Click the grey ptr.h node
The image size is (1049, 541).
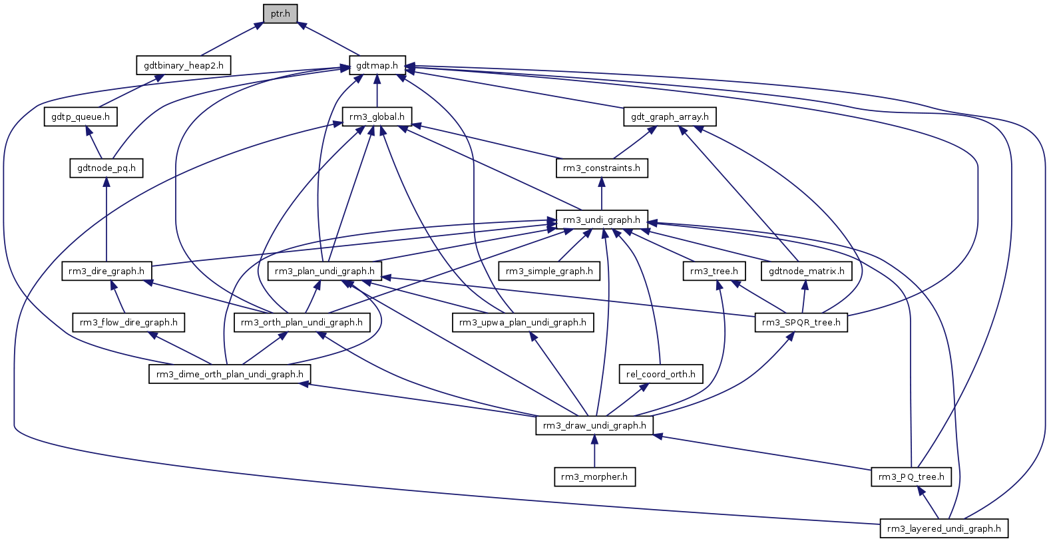coord(280,14)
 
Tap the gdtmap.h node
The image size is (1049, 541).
coord(377,65)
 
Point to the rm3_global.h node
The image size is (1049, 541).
coord(377,117)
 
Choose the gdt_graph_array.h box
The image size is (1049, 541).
coord(670,117)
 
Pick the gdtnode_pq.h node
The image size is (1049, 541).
coord(106,168)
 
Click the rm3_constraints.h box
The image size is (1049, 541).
coord(602,168)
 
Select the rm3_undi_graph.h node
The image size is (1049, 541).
coord(602,220)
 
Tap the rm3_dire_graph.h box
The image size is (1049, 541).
coord(106,271)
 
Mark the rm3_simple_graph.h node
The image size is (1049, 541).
coord(549,271)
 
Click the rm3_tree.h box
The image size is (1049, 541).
coord(714,271)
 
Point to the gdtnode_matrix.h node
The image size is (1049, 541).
coord(807,271)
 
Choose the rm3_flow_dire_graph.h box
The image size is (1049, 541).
coord(128,323)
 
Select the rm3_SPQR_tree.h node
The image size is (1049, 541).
coord(801,323)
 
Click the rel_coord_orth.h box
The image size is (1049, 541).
coord(661,375)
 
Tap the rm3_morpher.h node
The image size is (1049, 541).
coord(594,477)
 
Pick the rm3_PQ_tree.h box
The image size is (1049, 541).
coord(911,477)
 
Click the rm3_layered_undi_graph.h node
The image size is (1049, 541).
coord(944,529)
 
